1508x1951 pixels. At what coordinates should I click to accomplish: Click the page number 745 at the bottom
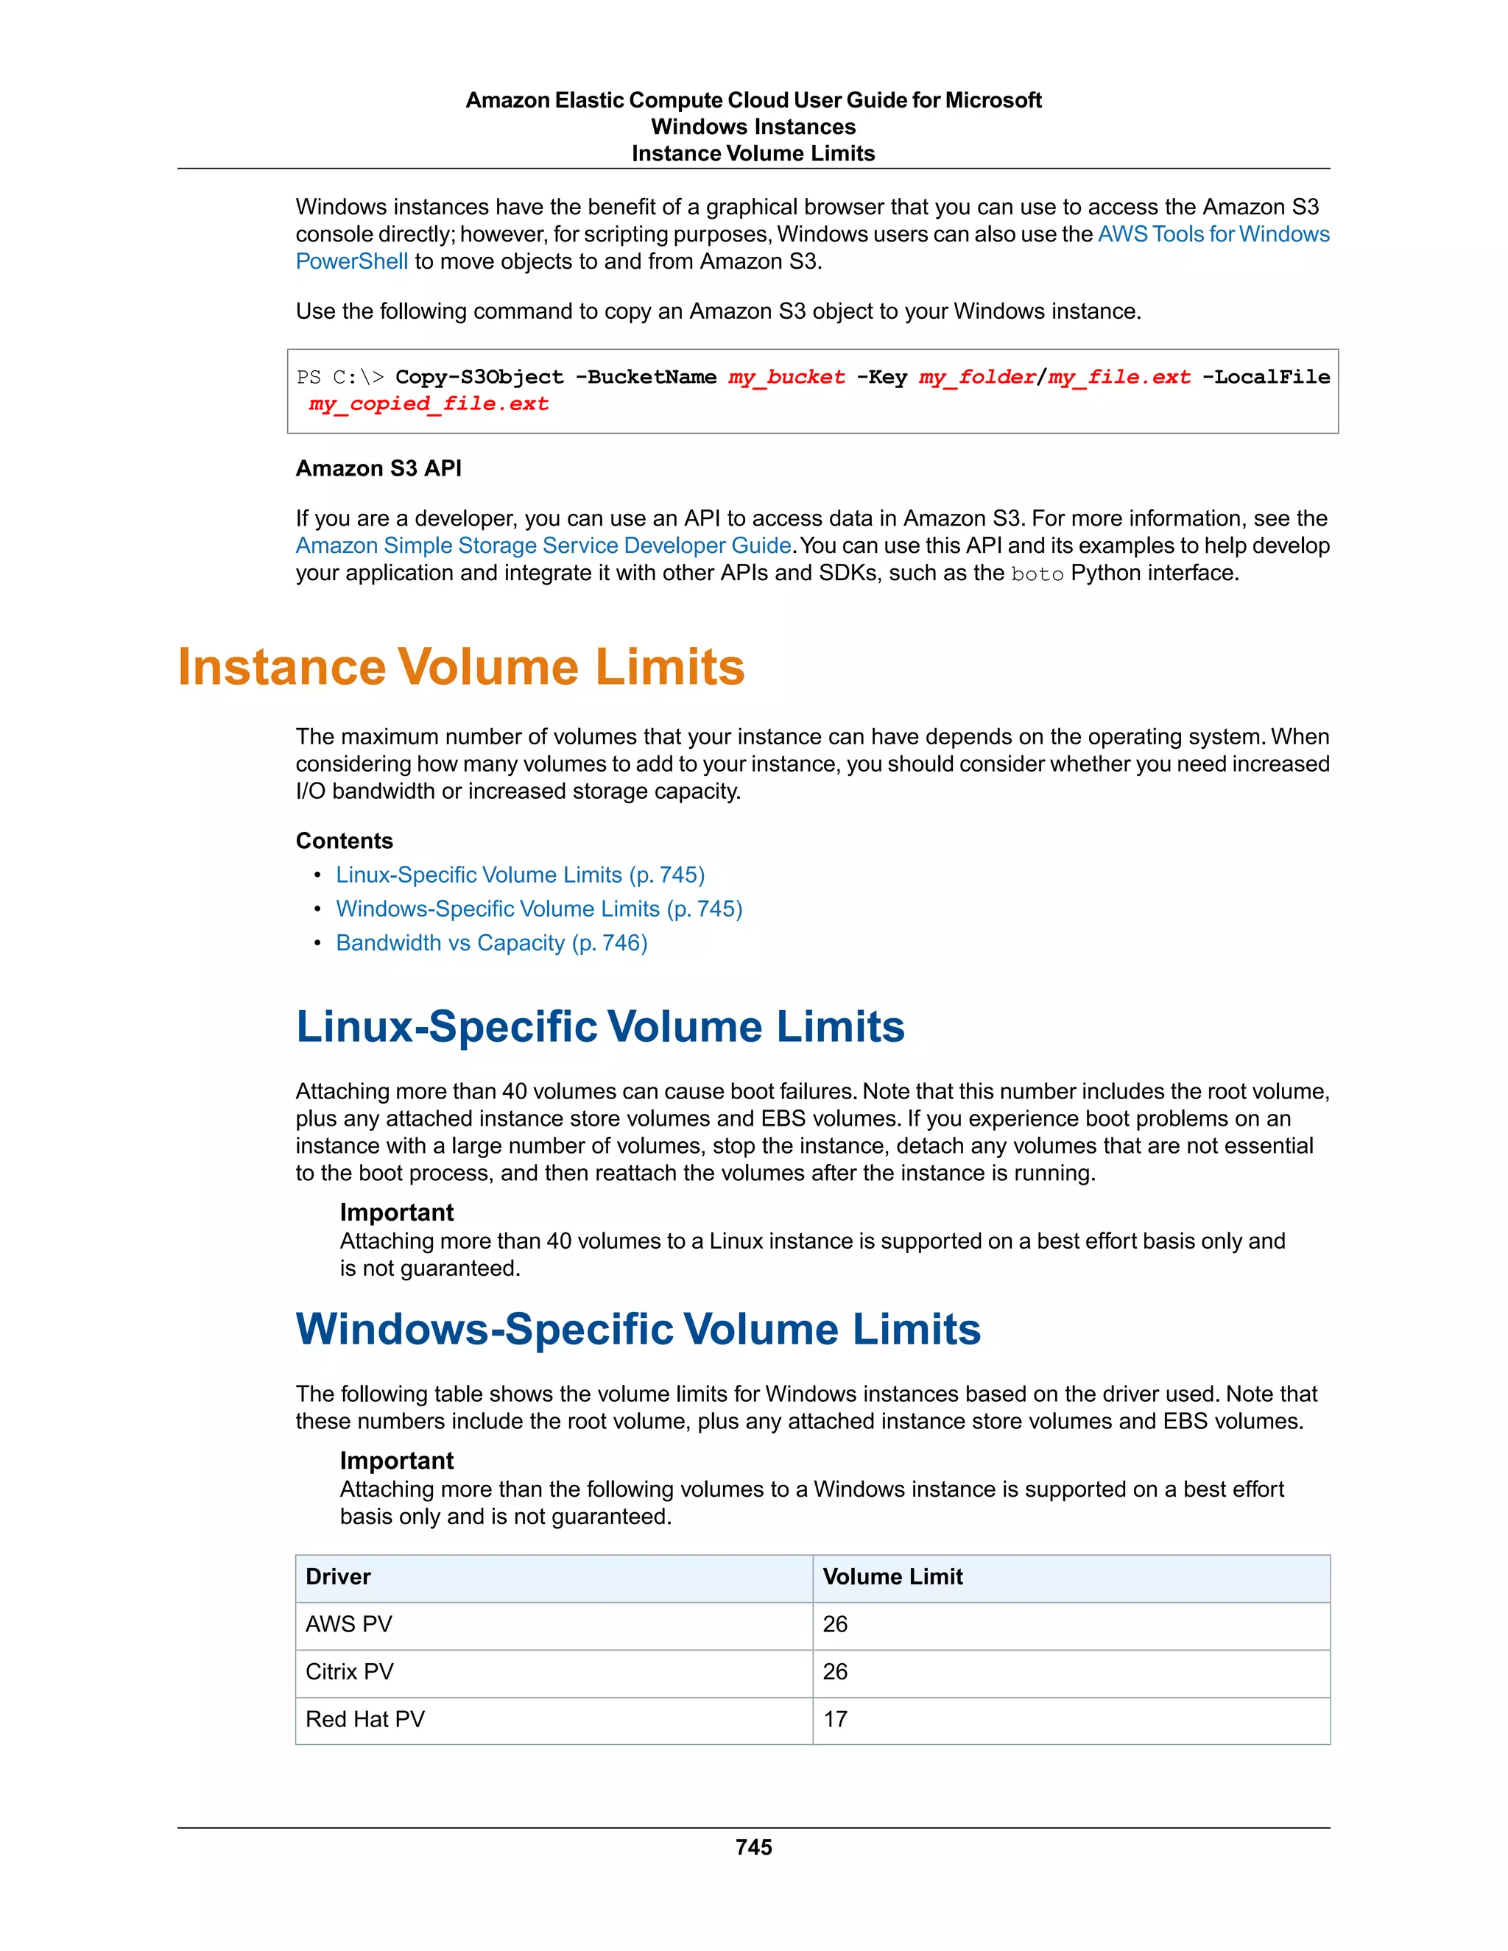753,1846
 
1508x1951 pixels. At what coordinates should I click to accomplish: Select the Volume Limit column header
892,1577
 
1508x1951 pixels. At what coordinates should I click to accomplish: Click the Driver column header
338,1577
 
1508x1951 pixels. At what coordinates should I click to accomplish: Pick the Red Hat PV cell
364,1719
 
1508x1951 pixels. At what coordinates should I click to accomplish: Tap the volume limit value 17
834,1719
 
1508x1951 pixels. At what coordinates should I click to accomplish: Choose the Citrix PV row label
349,1671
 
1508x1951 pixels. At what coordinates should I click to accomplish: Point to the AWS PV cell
348,1624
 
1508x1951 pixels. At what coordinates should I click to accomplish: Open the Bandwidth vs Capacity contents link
491,942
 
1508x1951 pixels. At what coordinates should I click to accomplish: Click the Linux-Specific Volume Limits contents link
520,875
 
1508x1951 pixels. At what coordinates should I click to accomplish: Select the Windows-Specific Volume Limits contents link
539,909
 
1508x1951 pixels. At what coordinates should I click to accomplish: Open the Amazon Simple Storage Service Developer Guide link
543,545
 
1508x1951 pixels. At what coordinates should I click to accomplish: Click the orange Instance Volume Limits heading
461,667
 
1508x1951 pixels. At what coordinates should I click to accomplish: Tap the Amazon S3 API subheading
378,468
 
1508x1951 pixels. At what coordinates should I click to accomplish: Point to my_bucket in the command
786,377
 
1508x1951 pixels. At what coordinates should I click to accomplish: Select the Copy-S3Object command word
480,377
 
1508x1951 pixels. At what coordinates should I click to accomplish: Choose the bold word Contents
344,841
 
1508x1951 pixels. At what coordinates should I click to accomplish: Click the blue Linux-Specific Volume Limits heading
599,1026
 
